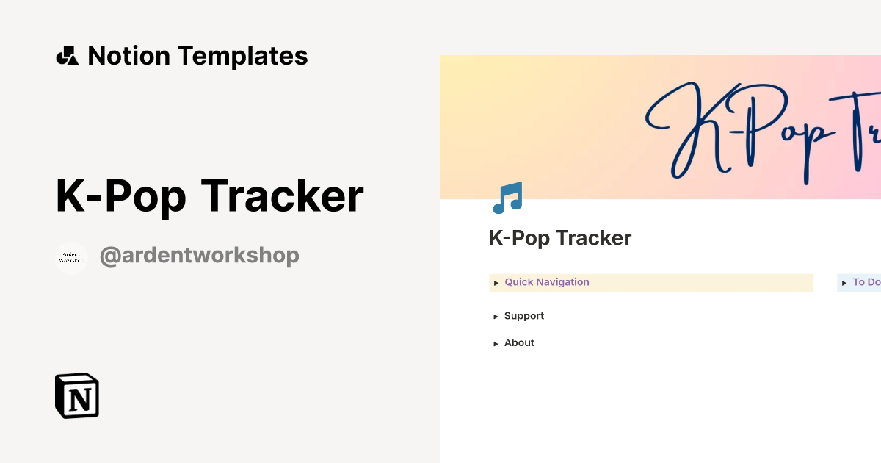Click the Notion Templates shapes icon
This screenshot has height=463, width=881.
pos(67,56)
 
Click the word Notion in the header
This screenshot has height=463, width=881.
pos(129,56)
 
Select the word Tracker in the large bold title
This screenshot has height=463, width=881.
pos(282,196)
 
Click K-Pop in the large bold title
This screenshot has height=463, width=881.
pos(121,196)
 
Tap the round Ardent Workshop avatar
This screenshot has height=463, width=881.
pos(71,258)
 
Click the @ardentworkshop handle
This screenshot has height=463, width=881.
pos(199,256)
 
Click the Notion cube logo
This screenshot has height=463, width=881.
pos(77,395)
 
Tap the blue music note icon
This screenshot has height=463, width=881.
pos(507,198)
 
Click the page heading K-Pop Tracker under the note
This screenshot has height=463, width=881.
pos(560,238)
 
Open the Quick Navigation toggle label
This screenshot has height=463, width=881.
pos(546,282)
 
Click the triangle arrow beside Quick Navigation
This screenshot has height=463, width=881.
pos(496,283)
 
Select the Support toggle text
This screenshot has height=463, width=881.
pos(523,316)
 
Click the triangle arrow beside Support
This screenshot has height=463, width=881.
pos(496,317)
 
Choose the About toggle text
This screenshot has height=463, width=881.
pos(519,343)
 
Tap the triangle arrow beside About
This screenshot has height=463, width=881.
pos(496,344)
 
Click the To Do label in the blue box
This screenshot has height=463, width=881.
pos(866,282)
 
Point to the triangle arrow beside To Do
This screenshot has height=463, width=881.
pos(844,283)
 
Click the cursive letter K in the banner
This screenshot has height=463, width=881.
pos(690,132)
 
